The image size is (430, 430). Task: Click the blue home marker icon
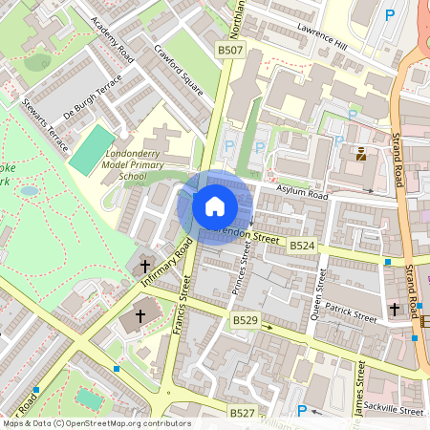pyautogui.click(x=215, y=205)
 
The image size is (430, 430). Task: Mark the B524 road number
pyautogui.click(x=302, y=246)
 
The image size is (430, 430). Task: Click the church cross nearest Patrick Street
pyautogui.click(x=395, y=310)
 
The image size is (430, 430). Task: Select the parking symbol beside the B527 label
pyautogui.click(x=302, y=412)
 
